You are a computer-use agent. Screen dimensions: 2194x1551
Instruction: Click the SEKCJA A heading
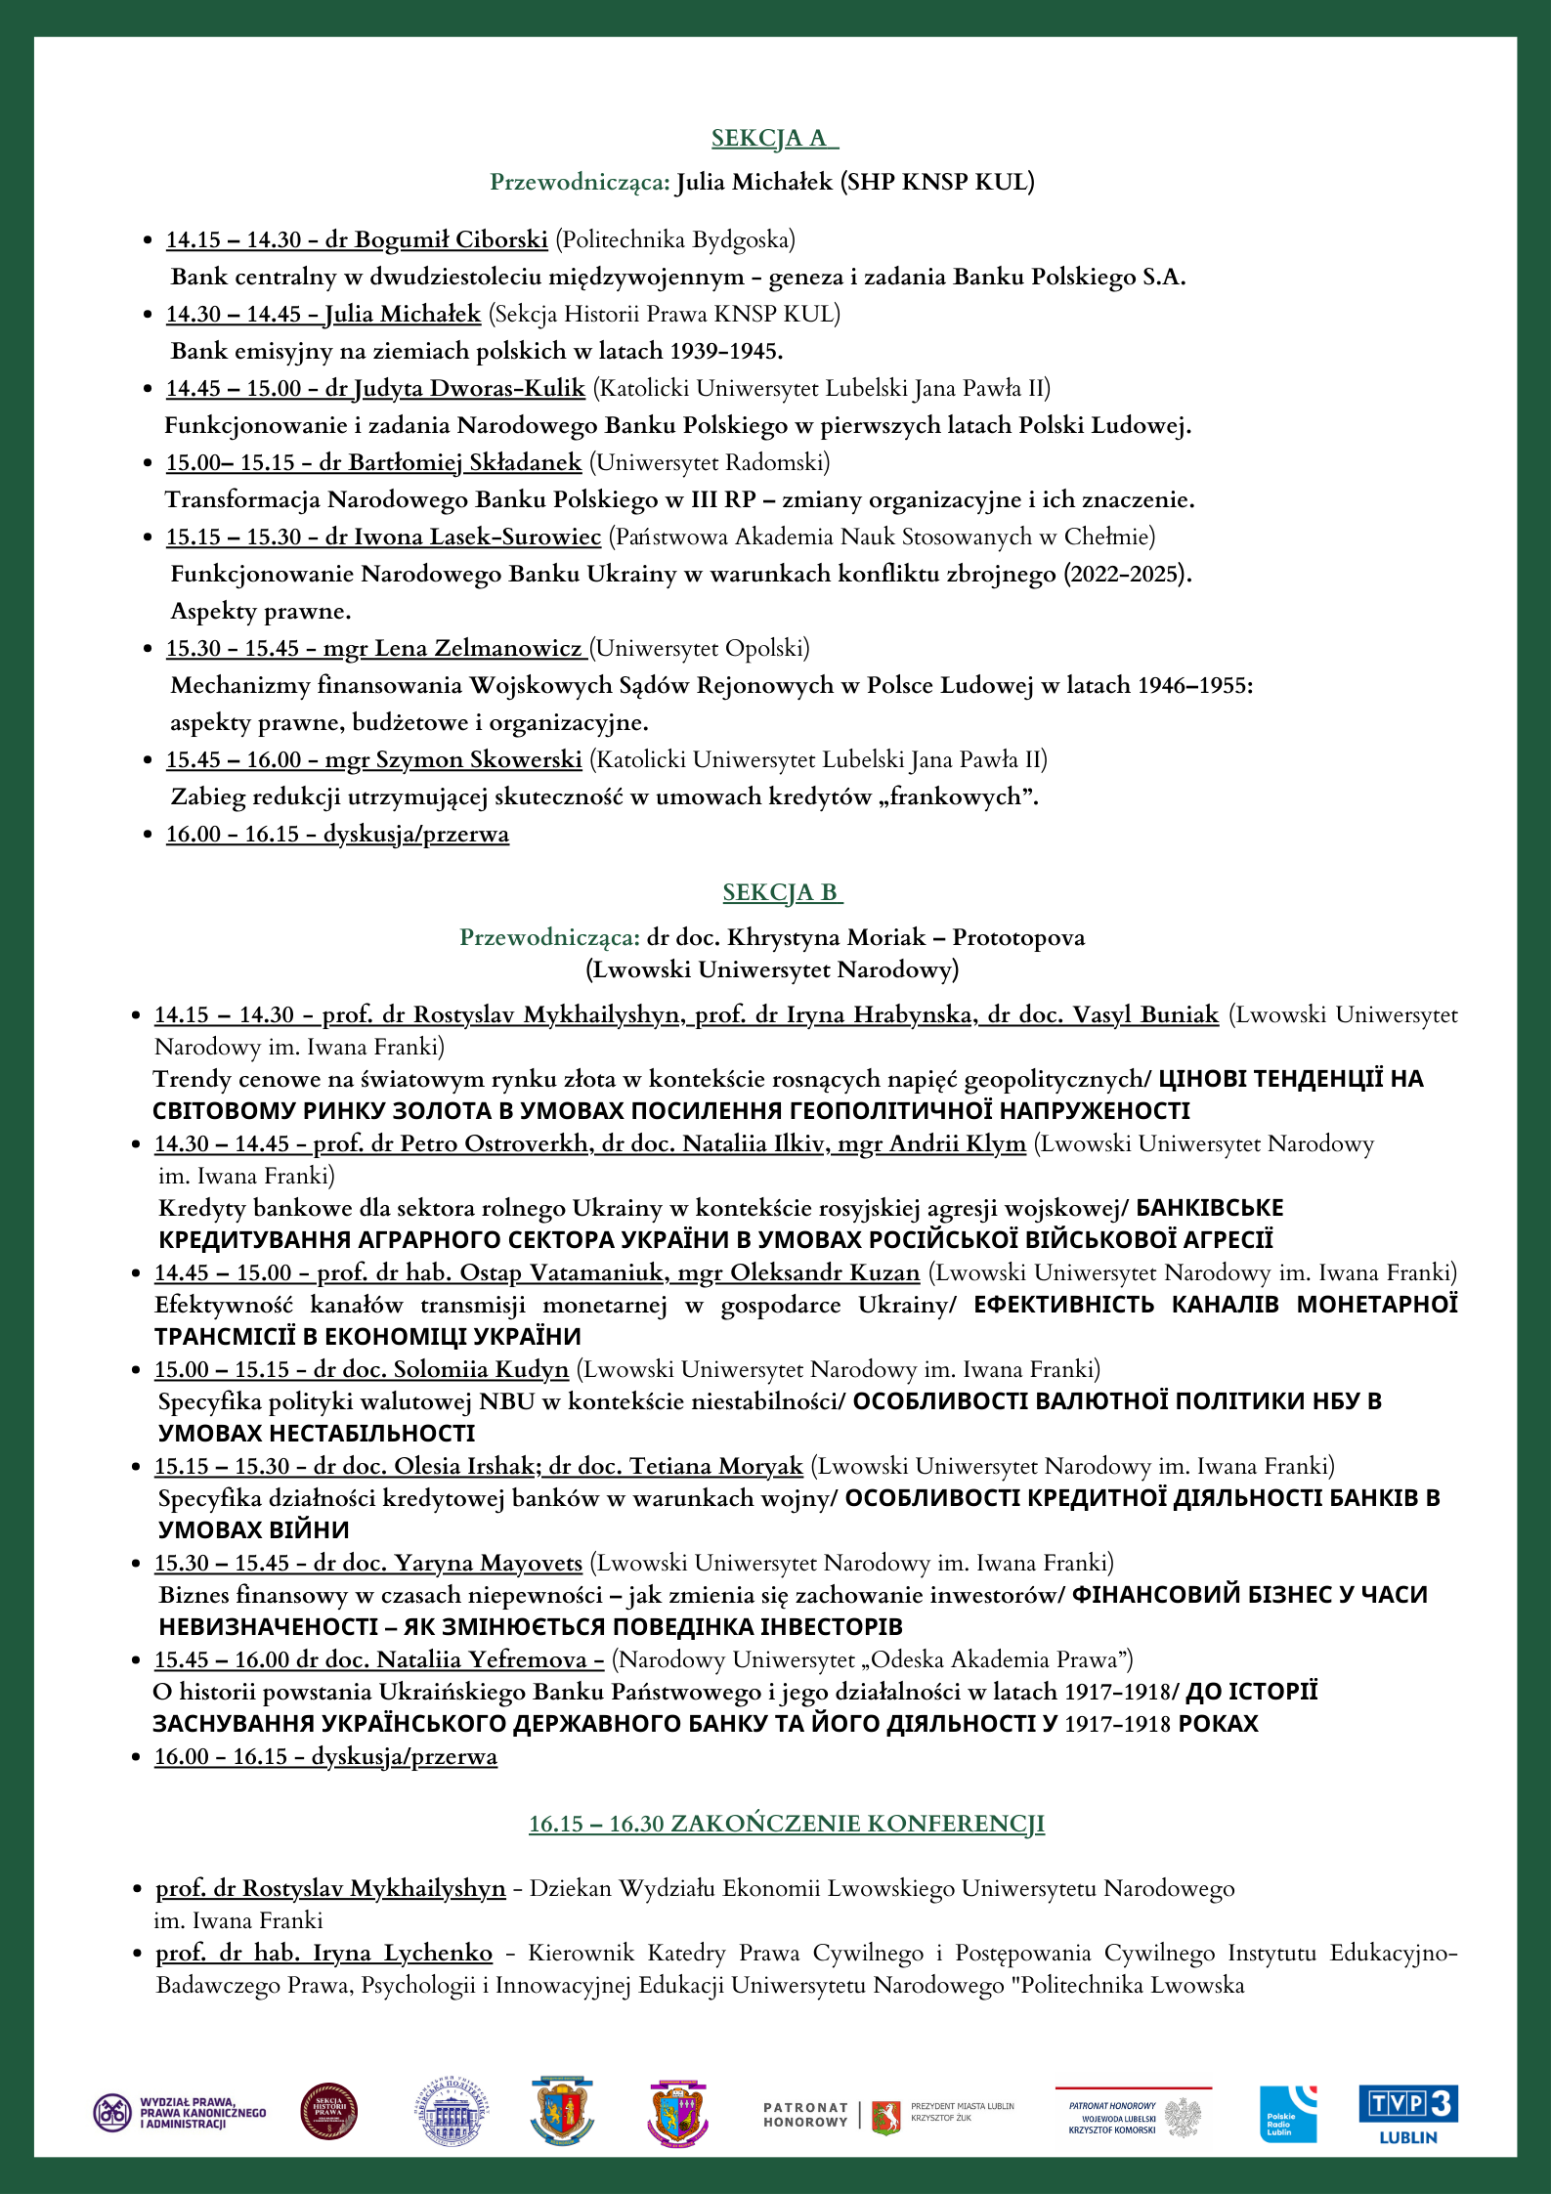[x=774, y=139]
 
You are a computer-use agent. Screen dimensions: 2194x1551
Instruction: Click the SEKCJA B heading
[x=782, y=892]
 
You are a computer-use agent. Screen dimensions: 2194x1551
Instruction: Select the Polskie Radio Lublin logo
[x=1287, y=2114]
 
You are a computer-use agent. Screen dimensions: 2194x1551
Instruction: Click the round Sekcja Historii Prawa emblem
[x=328, y=2111]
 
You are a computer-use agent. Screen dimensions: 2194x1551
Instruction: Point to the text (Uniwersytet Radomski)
[x=710, y=462]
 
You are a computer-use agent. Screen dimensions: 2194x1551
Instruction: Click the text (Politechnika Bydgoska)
[x=675, y=240]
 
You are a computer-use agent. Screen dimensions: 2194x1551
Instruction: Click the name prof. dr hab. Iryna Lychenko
[x=324, y=1953]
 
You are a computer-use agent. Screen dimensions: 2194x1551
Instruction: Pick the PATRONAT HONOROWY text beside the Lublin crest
[x=805, y=2115]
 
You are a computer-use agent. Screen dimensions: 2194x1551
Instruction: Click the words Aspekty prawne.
[x=261, y=612]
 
